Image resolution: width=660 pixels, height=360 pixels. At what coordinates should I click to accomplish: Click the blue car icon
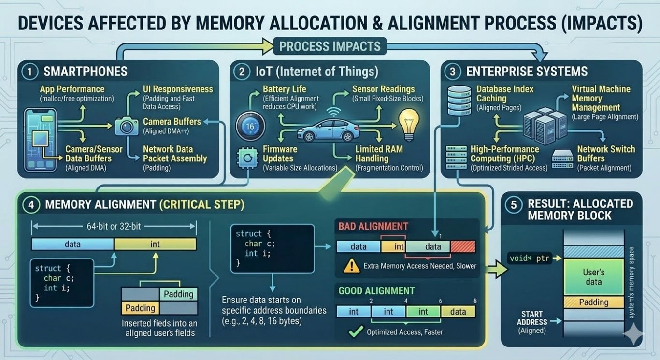click(321, 130)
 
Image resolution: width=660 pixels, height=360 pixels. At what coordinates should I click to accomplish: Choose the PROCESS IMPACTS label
click(330, 46)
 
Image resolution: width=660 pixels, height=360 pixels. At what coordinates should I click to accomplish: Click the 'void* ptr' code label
click(530, 258)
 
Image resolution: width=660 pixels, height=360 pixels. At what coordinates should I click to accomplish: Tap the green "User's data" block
click(594, 278)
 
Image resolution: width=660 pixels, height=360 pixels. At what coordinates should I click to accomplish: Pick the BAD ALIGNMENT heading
click(373, 226)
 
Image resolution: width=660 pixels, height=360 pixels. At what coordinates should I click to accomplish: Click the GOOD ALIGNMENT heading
click(376, 291)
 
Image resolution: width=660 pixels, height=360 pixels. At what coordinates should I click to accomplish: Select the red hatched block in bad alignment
click(463, 246)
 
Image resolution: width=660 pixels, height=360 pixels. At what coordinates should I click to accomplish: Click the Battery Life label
click(284, 89)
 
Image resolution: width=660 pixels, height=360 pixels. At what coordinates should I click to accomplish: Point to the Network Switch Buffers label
click(606, 154)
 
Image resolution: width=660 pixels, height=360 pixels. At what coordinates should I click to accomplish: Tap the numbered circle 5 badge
click(514, 204)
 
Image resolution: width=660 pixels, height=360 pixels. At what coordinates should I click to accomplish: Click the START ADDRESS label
click(532, 318)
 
